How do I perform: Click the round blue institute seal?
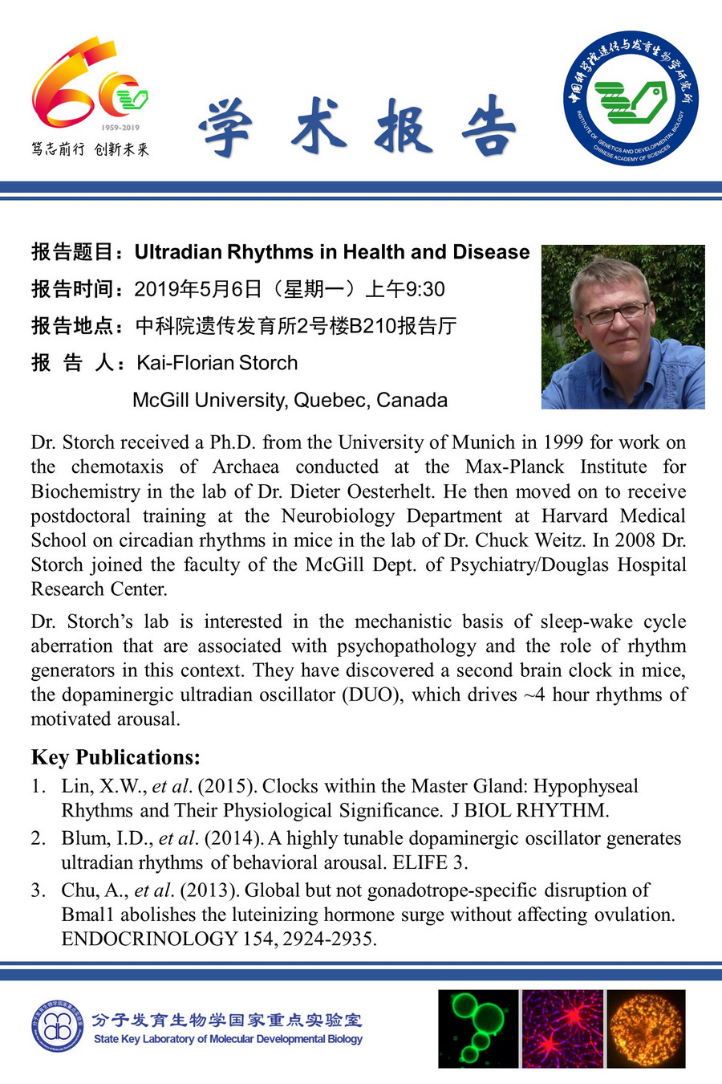(x=631, y=99)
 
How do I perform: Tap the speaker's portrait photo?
(x=623, y=327)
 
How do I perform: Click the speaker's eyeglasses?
(x=617, y=312)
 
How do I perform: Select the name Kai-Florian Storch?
(x=217, y=363)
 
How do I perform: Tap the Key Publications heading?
(x=116, y=757)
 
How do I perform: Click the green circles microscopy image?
(x=478, y=1029)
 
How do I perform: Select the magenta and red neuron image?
(x=562, y=1029)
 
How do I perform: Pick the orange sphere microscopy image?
(x=647, y=1029)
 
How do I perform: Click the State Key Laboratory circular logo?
(x=58, y=1027)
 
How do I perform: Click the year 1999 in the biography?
(x=563, y=442)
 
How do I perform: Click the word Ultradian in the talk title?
(x=177, y=252)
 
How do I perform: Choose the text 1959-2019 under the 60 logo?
(x=120, y=128)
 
